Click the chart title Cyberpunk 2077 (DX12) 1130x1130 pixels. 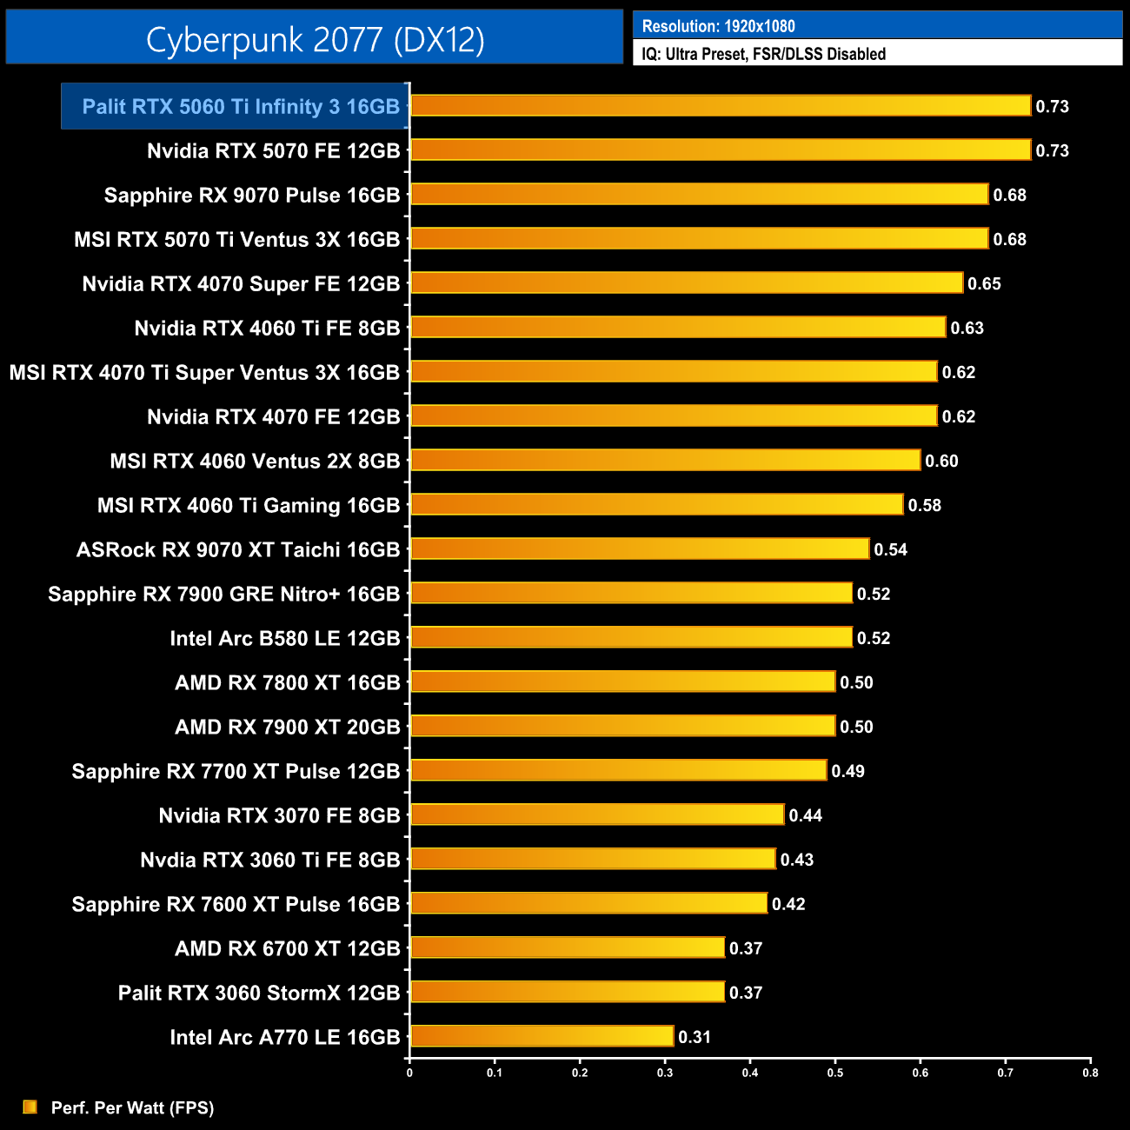pyautogui.click(x=315, y=40)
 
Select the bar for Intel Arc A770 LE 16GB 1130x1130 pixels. pyautogui.click(x=542, y=1036)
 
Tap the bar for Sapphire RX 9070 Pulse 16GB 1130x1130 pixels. pyautogui.click(x=699, y=194)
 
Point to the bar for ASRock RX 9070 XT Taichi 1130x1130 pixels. pyautogui.click(x=639, y=548)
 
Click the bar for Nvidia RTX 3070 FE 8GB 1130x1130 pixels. pyautogui.click(x=596, y=814)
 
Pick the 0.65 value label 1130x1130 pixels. pyautogui.click(x=984, y=284)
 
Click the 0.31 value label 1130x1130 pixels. pyautogui.click(x=695, y=1037)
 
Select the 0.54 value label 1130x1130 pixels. pyautogui.click(x=890, y=549)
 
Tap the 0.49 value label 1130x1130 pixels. pyautogui.click(x=847, y=771)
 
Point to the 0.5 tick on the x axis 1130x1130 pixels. pyautogui.click(x=835, y=1073)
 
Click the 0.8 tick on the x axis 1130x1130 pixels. pyautogui.click(x=1090, y=1073)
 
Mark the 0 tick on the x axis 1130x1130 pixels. pyautogui.click(x=409, y=1073)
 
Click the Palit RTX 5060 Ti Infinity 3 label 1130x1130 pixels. pyautogui.click(x=241, y=106)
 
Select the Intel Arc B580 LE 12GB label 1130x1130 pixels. pyautogui.click(x=284, y=638)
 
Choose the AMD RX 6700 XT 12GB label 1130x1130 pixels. pyautogui.click(x=287, y=948)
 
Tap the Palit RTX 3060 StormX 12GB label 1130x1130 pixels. pyautogui.click(x=259, y=993)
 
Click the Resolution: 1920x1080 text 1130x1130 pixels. pyautogui.click(x=718, y=26)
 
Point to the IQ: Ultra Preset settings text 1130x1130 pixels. pyautogui.click(x=763, y=54)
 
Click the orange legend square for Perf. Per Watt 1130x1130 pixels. pyautogui.click(x=30, y=1107)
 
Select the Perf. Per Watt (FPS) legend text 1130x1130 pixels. pyautogui.click(x=132, y=1107)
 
